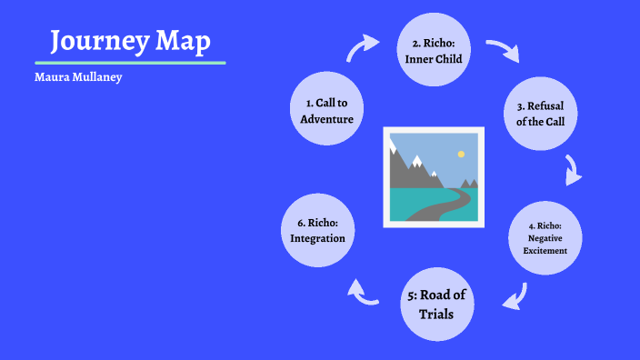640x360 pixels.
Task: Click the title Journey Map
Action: pyautogui.click(x=130, y=41)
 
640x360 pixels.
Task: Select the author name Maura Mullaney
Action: pyautogui.click(x=77, y=78)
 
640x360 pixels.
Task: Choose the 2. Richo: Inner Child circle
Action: pyautogui.click(x=434, y=52)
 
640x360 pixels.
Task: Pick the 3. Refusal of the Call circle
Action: pyautogui.click(x=540, y=114)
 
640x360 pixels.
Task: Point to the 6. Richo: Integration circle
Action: pyautogui.click(x=317, y=231)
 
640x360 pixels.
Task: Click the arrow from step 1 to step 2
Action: pyautogui.click(x=364, y=47)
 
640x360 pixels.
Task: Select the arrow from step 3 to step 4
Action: pyautogui.click(x=572, y=170)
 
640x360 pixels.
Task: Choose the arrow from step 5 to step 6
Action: pyautogui.click(x=364, y=292)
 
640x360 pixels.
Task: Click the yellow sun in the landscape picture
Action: pyautogui.click(x=461, y=155)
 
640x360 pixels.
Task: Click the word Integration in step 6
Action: pyautogui.click(x=317, y=238)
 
